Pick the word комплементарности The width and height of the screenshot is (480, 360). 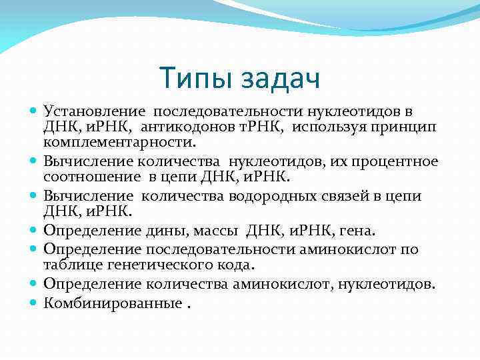click(x=121, y=142)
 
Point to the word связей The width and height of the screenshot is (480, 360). click(x=341, y=196)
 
